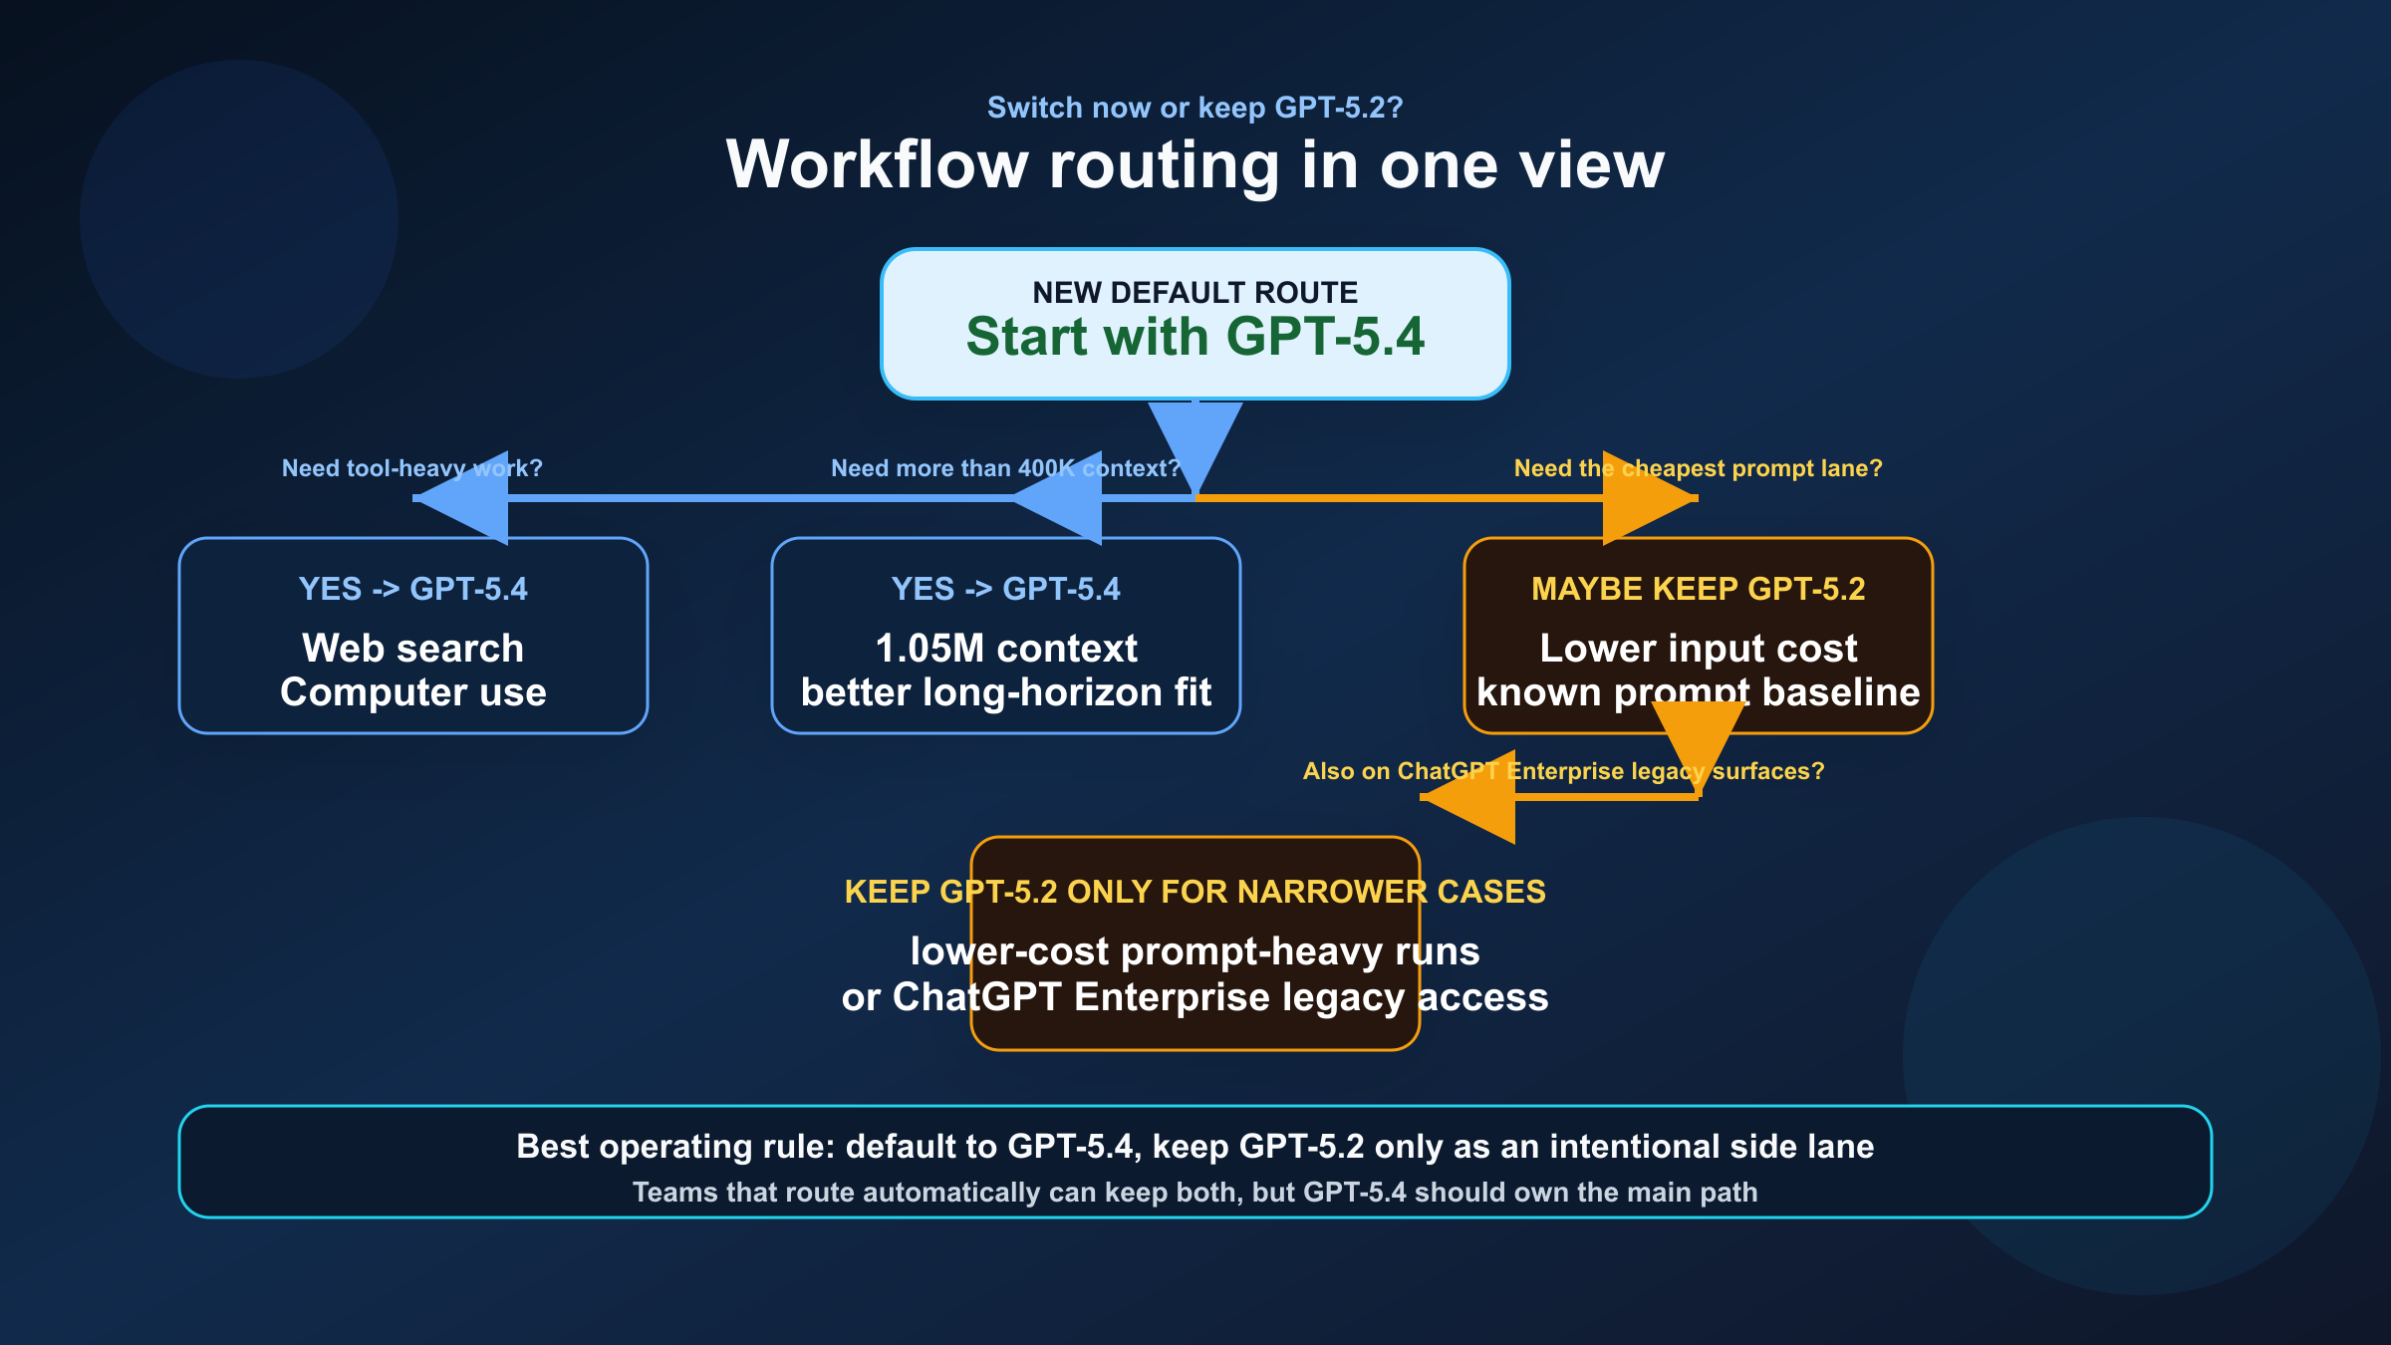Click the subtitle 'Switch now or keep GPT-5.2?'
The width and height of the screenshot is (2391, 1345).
1195,108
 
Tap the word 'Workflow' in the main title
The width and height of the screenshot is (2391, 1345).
877,165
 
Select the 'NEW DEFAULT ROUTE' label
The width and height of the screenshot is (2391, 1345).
1195,293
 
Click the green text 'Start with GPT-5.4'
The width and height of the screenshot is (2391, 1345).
1195,337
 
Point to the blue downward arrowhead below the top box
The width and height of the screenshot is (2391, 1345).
1195,438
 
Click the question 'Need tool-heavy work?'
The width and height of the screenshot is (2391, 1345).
411,468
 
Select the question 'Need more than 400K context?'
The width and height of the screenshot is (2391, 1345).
1004,468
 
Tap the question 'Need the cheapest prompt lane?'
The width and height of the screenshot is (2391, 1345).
1698,468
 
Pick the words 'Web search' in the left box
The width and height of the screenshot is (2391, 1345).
412,649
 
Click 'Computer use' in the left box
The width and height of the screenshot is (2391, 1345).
412,692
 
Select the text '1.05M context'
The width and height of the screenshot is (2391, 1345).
1005,649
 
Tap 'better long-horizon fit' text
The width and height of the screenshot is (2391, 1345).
1005,692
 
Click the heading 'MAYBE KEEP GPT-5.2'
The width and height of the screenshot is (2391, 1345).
1698,589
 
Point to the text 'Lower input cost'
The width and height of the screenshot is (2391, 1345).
1698,649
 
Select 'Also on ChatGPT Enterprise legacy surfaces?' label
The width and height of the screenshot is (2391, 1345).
1563,771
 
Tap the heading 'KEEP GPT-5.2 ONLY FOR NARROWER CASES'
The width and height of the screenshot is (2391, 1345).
1195,892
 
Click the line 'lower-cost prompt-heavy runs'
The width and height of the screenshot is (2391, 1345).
1195,951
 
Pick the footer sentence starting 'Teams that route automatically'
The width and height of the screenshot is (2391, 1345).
1195,1193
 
